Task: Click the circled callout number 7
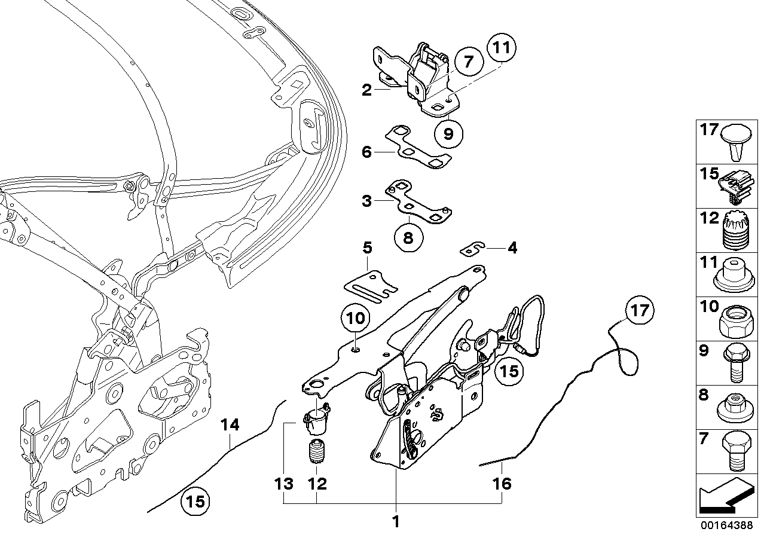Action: click(x=468, y=61)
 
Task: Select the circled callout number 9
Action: click(x=448, y=133)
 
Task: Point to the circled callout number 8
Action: click(x=408, y=237)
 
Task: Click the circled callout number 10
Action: click(x=355, y=318)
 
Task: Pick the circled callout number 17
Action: click(x=639, y=311)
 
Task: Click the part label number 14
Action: click(x=230, y=425)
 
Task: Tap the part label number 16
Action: click(x=503, y=483)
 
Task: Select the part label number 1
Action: click(x=395, y=522)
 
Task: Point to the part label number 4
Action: click(x=512, y=247)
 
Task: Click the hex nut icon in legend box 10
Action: click(x=731, y=323)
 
